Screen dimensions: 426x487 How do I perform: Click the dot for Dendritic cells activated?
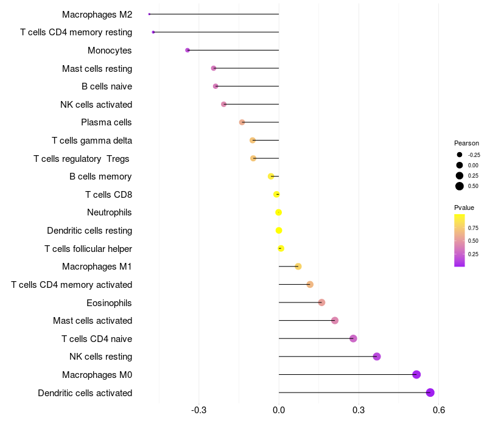click(x=430, y=393)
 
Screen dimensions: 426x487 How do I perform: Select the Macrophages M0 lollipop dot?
click(x=416, y=374)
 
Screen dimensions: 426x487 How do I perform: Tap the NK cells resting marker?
click(x=377, y=357)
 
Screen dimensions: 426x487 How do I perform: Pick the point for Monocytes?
click(x=187, y=50)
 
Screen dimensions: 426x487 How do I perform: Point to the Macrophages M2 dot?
click(x=149, y=14)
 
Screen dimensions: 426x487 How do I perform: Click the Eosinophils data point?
click(x=321, y=302)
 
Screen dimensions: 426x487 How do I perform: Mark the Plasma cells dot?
click(x=242, y=122)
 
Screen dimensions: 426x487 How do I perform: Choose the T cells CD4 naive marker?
click(x=353, y=338)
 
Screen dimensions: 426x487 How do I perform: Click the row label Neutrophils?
click(x=110, y=212)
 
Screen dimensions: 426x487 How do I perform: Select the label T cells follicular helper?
click(x=88, y=248)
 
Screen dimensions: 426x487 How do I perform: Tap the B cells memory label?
click(x=100, y=176)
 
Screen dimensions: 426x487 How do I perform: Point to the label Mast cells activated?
click(x=93, y=320)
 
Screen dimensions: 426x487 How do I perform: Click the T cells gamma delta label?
click(x=92, y=141)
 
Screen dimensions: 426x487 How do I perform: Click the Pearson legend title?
click(x=466, y=143)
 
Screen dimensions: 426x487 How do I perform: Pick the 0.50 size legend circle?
click(x=460, y=186)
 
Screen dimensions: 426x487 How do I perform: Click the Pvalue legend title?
click(x=464, y=208)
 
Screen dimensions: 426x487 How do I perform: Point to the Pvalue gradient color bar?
click(x=460, y=240)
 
